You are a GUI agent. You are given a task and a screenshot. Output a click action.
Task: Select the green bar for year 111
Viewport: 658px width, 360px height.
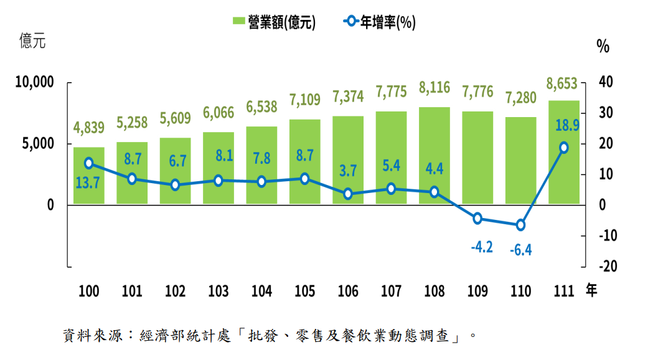pyautogui.click(x=564, y=153)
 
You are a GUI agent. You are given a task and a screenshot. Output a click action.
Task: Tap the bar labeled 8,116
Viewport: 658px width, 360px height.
pyautogui.click(x=435, y=156)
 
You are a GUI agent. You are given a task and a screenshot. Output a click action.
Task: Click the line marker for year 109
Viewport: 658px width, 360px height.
pyautogui.click(x=477, y=218)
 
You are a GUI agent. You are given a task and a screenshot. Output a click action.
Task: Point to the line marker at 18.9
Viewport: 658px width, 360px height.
pyautogui.click(x=564, y=148)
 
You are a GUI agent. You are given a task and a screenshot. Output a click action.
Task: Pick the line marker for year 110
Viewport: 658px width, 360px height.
pyautogui.click(x=520, y=225)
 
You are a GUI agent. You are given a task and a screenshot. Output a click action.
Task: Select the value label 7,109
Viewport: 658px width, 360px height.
pyautogui.click(x=305, y=98)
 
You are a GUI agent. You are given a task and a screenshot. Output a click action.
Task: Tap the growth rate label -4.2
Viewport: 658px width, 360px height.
pyautogui.click(x=481, y=247)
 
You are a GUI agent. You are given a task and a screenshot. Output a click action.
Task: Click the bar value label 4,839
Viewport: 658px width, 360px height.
pyautogui.click(x=89, y=128)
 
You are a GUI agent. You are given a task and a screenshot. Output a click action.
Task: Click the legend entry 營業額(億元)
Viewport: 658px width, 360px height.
pyautogui.click(x=274, y=22)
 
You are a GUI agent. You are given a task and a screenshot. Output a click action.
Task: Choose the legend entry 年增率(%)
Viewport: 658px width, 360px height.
pyautogui.click(x=380, y=22)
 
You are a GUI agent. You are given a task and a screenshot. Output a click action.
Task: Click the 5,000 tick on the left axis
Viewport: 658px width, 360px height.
pyautogui.click(x=40, y=144)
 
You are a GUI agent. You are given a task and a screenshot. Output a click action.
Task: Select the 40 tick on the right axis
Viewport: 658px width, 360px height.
pyautogui.click(x=605, y=82)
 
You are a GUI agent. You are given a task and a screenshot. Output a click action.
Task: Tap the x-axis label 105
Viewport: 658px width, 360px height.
pyautogui.click(x=305, y=291)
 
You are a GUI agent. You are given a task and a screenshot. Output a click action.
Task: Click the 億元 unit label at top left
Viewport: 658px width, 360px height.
pyautogui.click(x=32, y=42)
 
